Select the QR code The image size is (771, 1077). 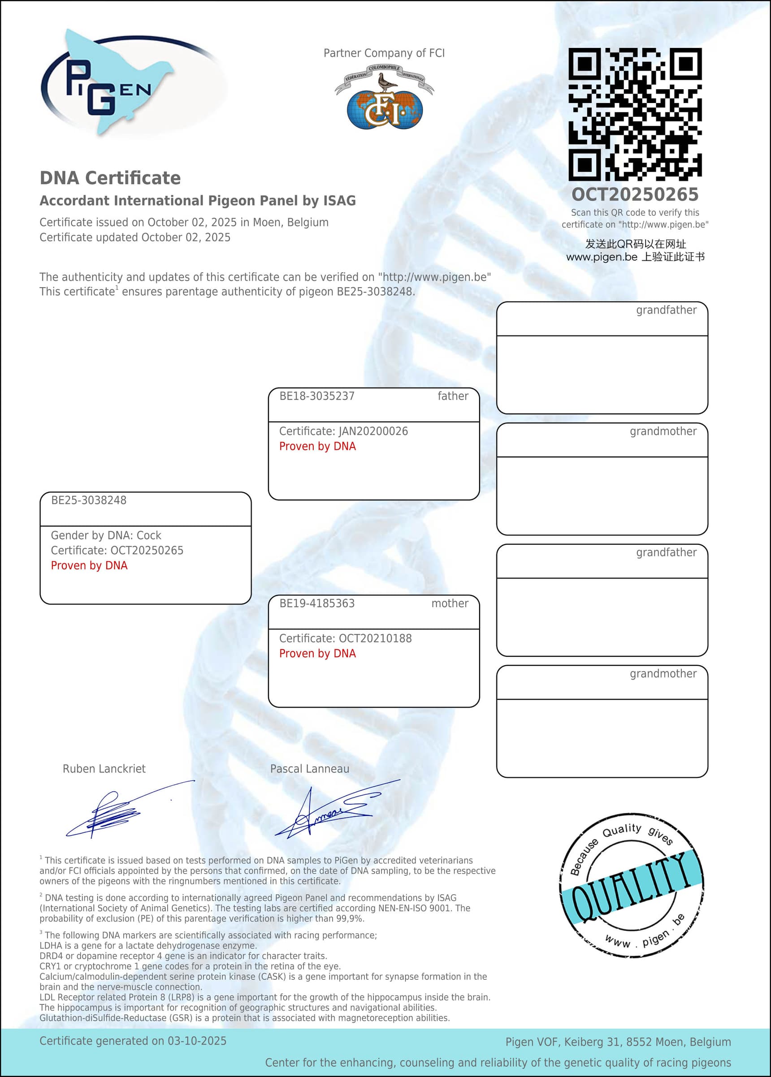(x=635, y=114)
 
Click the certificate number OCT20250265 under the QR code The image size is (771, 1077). (x=635, y=194)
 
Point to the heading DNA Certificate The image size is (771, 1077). (x=110, y=178)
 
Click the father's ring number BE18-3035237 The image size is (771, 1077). (x=316, y=396)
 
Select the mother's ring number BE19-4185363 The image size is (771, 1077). (x=316, y=603)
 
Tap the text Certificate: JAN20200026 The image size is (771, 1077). (x=343, y=431)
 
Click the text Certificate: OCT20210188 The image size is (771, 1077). (x=345, y=638)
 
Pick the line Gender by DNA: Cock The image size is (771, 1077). (x=106, y=536)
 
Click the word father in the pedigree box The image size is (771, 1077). (x=452, y=396)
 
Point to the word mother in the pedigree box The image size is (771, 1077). (x=450, y=603)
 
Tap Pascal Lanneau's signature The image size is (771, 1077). (x=332, y=812)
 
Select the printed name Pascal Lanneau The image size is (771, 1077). (x=310, y=769)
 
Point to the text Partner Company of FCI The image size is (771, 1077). (x=384, y=53)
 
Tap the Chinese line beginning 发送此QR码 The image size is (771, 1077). (x=635, y=244)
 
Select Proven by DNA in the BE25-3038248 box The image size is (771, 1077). (x=89, y=565)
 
